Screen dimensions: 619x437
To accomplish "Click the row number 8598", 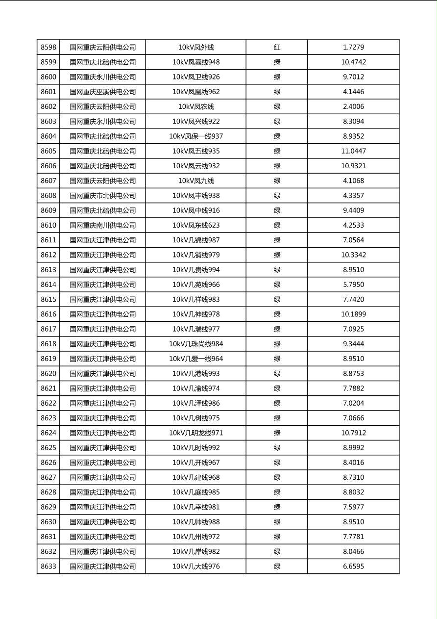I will [x=49, y=48].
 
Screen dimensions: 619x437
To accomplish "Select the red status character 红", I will [x=277, y=48].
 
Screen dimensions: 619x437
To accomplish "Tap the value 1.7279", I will [x=353, y=48].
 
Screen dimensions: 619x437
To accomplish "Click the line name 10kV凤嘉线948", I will [x=196, y=62].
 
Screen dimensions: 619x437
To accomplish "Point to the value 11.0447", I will [x=353, y=151].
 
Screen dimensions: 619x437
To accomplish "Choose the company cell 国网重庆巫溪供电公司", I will [x=102, y=92].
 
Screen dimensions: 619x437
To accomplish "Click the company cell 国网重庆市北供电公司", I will [x=102, y=196].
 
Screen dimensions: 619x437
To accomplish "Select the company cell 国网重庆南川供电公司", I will [x=102, y=225].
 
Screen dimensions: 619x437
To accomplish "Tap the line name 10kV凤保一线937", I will [x=196, y=136].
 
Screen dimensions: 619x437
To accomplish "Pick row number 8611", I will [x=49, y=240].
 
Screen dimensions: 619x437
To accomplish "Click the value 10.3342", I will [x=353, y=255].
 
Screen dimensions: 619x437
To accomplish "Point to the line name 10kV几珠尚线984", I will [x=196, y=344].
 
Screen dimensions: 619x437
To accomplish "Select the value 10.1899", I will [x=353, y=314].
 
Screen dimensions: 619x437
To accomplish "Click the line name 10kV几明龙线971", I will [x=196, y=433].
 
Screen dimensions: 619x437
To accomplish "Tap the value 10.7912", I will [x=353, y=433].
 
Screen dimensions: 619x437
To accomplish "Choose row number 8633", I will [x=49, y=567].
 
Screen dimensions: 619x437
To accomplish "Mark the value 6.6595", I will [x=353, y=567].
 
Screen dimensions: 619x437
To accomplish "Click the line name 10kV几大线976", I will [x=196, y=567].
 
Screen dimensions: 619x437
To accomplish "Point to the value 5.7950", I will [x=353, y=284].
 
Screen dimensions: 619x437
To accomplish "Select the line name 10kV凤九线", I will [x=196, y=181].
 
